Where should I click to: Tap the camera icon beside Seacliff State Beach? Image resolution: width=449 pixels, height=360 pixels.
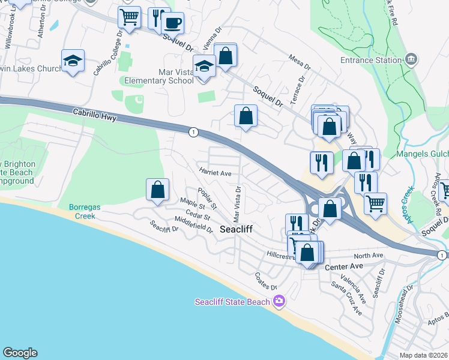(x=278, y=301)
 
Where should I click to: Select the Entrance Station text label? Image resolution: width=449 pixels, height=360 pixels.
(x=370, y=60)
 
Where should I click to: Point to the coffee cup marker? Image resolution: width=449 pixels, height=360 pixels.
(x=173, y=23)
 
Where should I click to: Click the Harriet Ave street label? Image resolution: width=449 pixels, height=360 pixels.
(x=215, y=173)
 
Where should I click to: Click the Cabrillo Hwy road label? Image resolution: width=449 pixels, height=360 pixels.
(x=94, y=115)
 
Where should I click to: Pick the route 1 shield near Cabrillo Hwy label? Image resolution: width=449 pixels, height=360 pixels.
(x=193, y=132)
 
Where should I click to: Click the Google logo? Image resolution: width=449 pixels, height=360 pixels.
(x=20, y=353)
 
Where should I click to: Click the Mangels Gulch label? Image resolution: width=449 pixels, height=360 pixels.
(x=423, y=154)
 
